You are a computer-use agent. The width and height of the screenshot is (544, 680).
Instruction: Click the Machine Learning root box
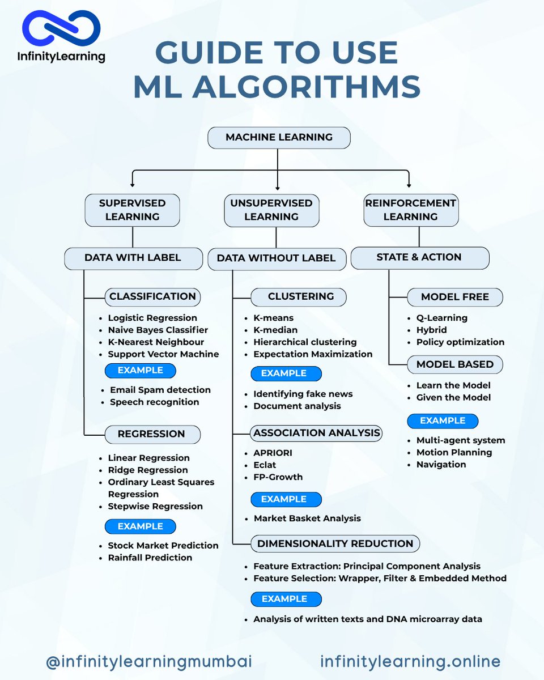pyautogui.click(x=279, y=138)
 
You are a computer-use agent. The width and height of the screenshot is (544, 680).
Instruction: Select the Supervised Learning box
pyautogui.click(x=132, y=210)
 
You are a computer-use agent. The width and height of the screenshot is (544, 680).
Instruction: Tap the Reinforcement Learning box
pyautogui.click(x=410, y=210)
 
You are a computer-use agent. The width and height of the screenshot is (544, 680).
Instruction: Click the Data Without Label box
pyautogui.click(x=276, y=258)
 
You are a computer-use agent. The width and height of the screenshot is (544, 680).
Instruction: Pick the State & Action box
pyautogui.click(x=419, y=257)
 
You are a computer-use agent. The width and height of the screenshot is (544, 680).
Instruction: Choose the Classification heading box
pyautogui.click(x=152, y=296)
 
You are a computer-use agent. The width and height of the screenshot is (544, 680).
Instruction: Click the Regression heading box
pyautogui.click(x=151, y=434)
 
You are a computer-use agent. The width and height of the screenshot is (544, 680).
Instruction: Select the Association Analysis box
pyautogui.click(x=316, y=433)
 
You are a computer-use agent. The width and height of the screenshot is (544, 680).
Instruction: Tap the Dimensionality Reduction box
pyautogui.click(x=335, y=543)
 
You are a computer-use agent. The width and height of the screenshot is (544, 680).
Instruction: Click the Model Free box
pyautogui.click(x=454, y=297)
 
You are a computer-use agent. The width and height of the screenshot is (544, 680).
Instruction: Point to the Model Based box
pyautogui.click(x=454, y=364)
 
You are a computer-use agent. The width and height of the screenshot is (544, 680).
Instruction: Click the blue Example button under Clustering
pyautogui.click(x=287, y=373)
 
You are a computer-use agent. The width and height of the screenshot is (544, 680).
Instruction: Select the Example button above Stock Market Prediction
pyautogui.click(x=140, y=526)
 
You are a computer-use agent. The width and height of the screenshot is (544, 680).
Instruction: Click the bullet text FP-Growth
pyautogui.click(x=278, y=477)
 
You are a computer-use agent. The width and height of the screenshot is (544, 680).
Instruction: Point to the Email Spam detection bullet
pyautogui.click(x=160, y=390)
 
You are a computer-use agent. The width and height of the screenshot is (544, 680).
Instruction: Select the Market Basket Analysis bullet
pyautogui.click(x=307, y=518)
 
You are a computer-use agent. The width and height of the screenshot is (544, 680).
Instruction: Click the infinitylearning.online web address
pyautogui.click(x=410, y=661)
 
